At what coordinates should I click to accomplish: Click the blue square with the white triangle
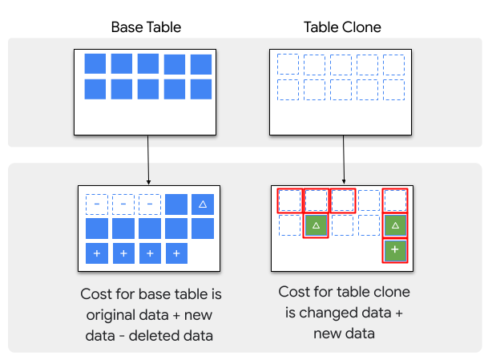[203, 205]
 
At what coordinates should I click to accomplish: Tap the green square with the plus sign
[394, 251]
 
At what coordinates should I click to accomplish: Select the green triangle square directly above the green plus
[394, 226]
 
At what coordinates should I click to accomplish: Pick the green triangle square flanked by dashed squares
[316, 226]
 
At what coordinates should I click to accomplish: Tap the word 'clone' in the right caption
[388, 292]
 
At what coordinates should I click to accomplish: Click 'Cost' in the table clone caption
[294, 292]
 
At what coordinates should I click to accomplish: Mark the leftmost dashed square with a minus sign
[97, 205]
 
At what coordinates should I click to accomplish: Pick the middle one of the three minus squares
[123, 205]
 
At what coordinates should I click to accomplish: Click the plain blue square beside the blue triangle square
[176, 205]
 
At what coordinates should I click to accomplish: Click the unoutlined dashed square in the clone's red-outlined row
[369, 200]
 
